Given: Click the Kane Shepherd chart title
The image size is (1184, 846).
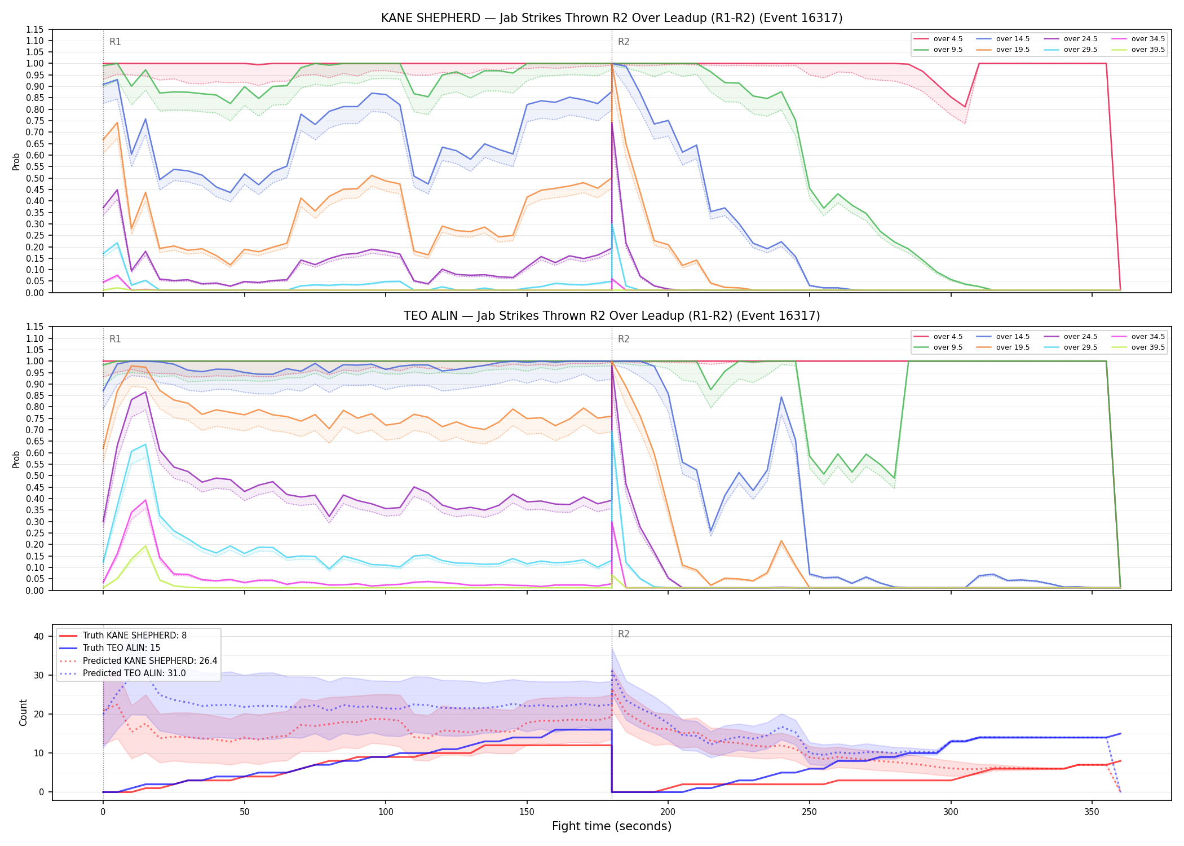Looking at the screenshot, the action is pyautogui.click(x=612, y=18).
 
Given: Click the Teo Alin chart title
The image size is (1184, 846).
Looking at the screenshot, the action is pyautogui.click(x=612, y=316).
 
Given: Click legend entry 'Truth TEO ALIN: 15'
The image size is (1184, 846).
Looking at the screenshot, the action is pyautogui.click(x=121, y=648).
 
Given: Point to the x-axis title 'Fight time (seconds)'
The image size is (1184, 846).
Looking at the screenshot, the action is pyautogui.click(x=612, y=826).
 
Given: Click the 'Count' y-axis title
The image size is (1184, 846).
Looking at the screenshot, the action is pyautogui.click(x=23, y=712).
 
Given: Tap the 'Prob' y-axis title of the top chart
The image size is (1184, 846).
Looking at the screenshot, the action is pyautogui.click(x=16, y=161).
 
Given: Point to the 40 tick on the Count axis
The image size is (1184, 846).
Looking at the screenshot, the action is pyautogui.click(x=39, y=636).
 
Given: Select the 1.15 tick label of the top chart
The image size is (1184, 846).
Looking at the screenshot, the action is pyautogui.click(x=34, y=29).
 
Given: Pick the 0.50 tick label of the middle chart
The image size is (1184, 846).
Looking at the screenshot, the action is pyautogui.click(x=34, y=475).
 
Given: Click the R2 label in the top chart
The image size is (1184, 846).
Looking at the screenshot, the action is pyautogui.click(x=624, y=42).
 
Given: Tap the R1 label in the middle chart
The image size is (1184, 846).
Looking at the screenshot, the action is pyautogui.click(x=115, y=339).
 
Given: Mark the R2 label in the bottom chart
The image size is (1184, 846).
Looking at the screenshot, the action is pyautogui.click(x=624, y=634).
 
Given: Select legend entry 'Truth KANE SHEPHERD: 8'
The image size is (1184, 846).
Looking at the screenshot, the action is pyautogui.click(x=134, y=636).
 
